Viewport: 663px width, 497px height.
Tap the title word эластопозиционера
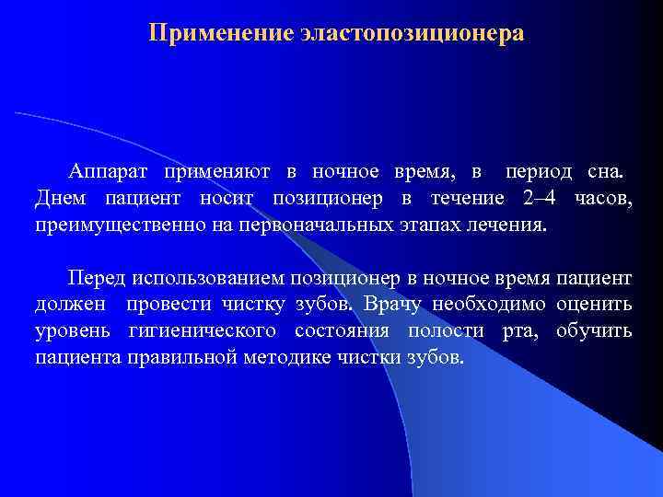[x=411, y=34]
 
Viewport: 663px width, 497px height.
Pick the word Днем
[x=57, y=199]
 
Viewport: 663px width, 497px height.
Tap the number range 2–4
[x=539, y=199]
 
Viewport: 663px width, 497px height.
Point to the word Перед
[x=97, y=279]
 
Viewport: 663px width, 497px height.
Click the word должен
[x=69, y=305]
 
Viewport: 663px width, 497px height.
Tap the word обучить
[x=595, y=331]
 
